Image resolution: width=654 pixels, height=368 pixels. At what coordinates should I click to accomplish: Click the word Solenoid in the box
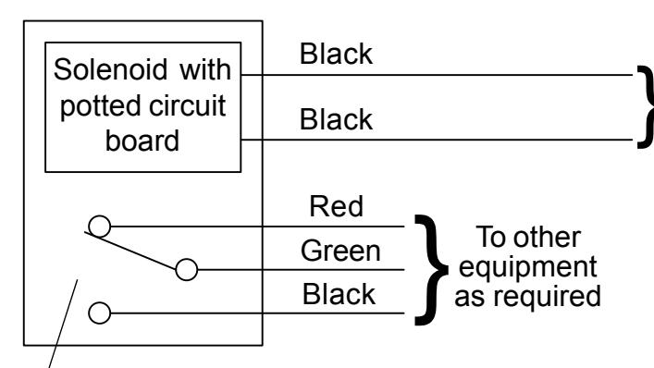[x=110, y=69]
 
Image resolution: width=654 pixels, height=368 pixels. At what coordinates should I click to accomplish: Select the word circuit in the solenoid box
[x=187, y=105]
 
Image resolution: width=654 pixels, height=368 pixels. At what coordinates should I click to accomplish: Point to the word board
[x=142, y=141]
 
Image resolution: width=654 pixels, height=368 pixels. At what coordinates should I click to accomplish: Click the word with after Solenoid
[x=205, y=69]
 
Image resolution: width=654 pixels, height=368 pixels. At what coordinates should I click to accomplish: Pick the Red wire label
[x=336, y=206]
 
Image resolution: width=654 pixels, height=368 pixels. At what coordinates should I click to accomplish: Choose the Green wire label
[x=340, y=251]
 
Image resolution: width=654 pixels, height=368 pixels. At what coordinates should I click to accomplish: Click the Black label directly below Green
[x=339, y=294]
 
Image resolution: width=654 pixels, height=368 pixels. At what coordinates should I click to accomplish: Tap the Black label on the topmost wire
[x=336, y=54]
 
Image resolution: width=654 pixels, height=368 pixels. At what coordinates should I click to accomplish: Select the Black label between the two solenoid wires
[x=336, y=118]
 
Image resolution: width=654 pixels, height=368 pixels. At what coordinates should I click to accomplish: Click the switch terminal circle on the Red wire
[x=100, y=227]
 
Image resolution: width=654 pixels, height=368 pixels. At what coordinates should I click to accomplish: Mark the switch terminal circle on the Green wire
[x=187, y=270]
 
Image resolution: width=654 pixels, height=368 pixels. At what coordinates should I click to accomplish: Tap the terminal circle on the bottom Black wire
[x=100, y=313]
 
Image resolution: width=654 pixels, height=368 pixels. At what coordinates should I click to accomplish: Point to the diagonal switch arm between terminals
[x=130, y=251]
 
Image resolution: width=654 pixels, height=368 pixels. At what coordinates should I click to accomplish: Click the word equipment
[x=527, y=266]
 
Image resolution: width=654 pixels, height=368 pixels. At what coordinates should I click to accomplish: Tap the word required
[x=548, y=296]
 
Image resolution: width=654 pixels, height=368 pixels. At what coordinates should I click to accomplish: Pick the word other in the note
[x=547, y=237]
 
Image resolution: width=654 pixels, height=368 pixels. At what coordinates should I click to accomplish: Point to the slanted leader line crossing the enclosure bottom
[x=63, y=324]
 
